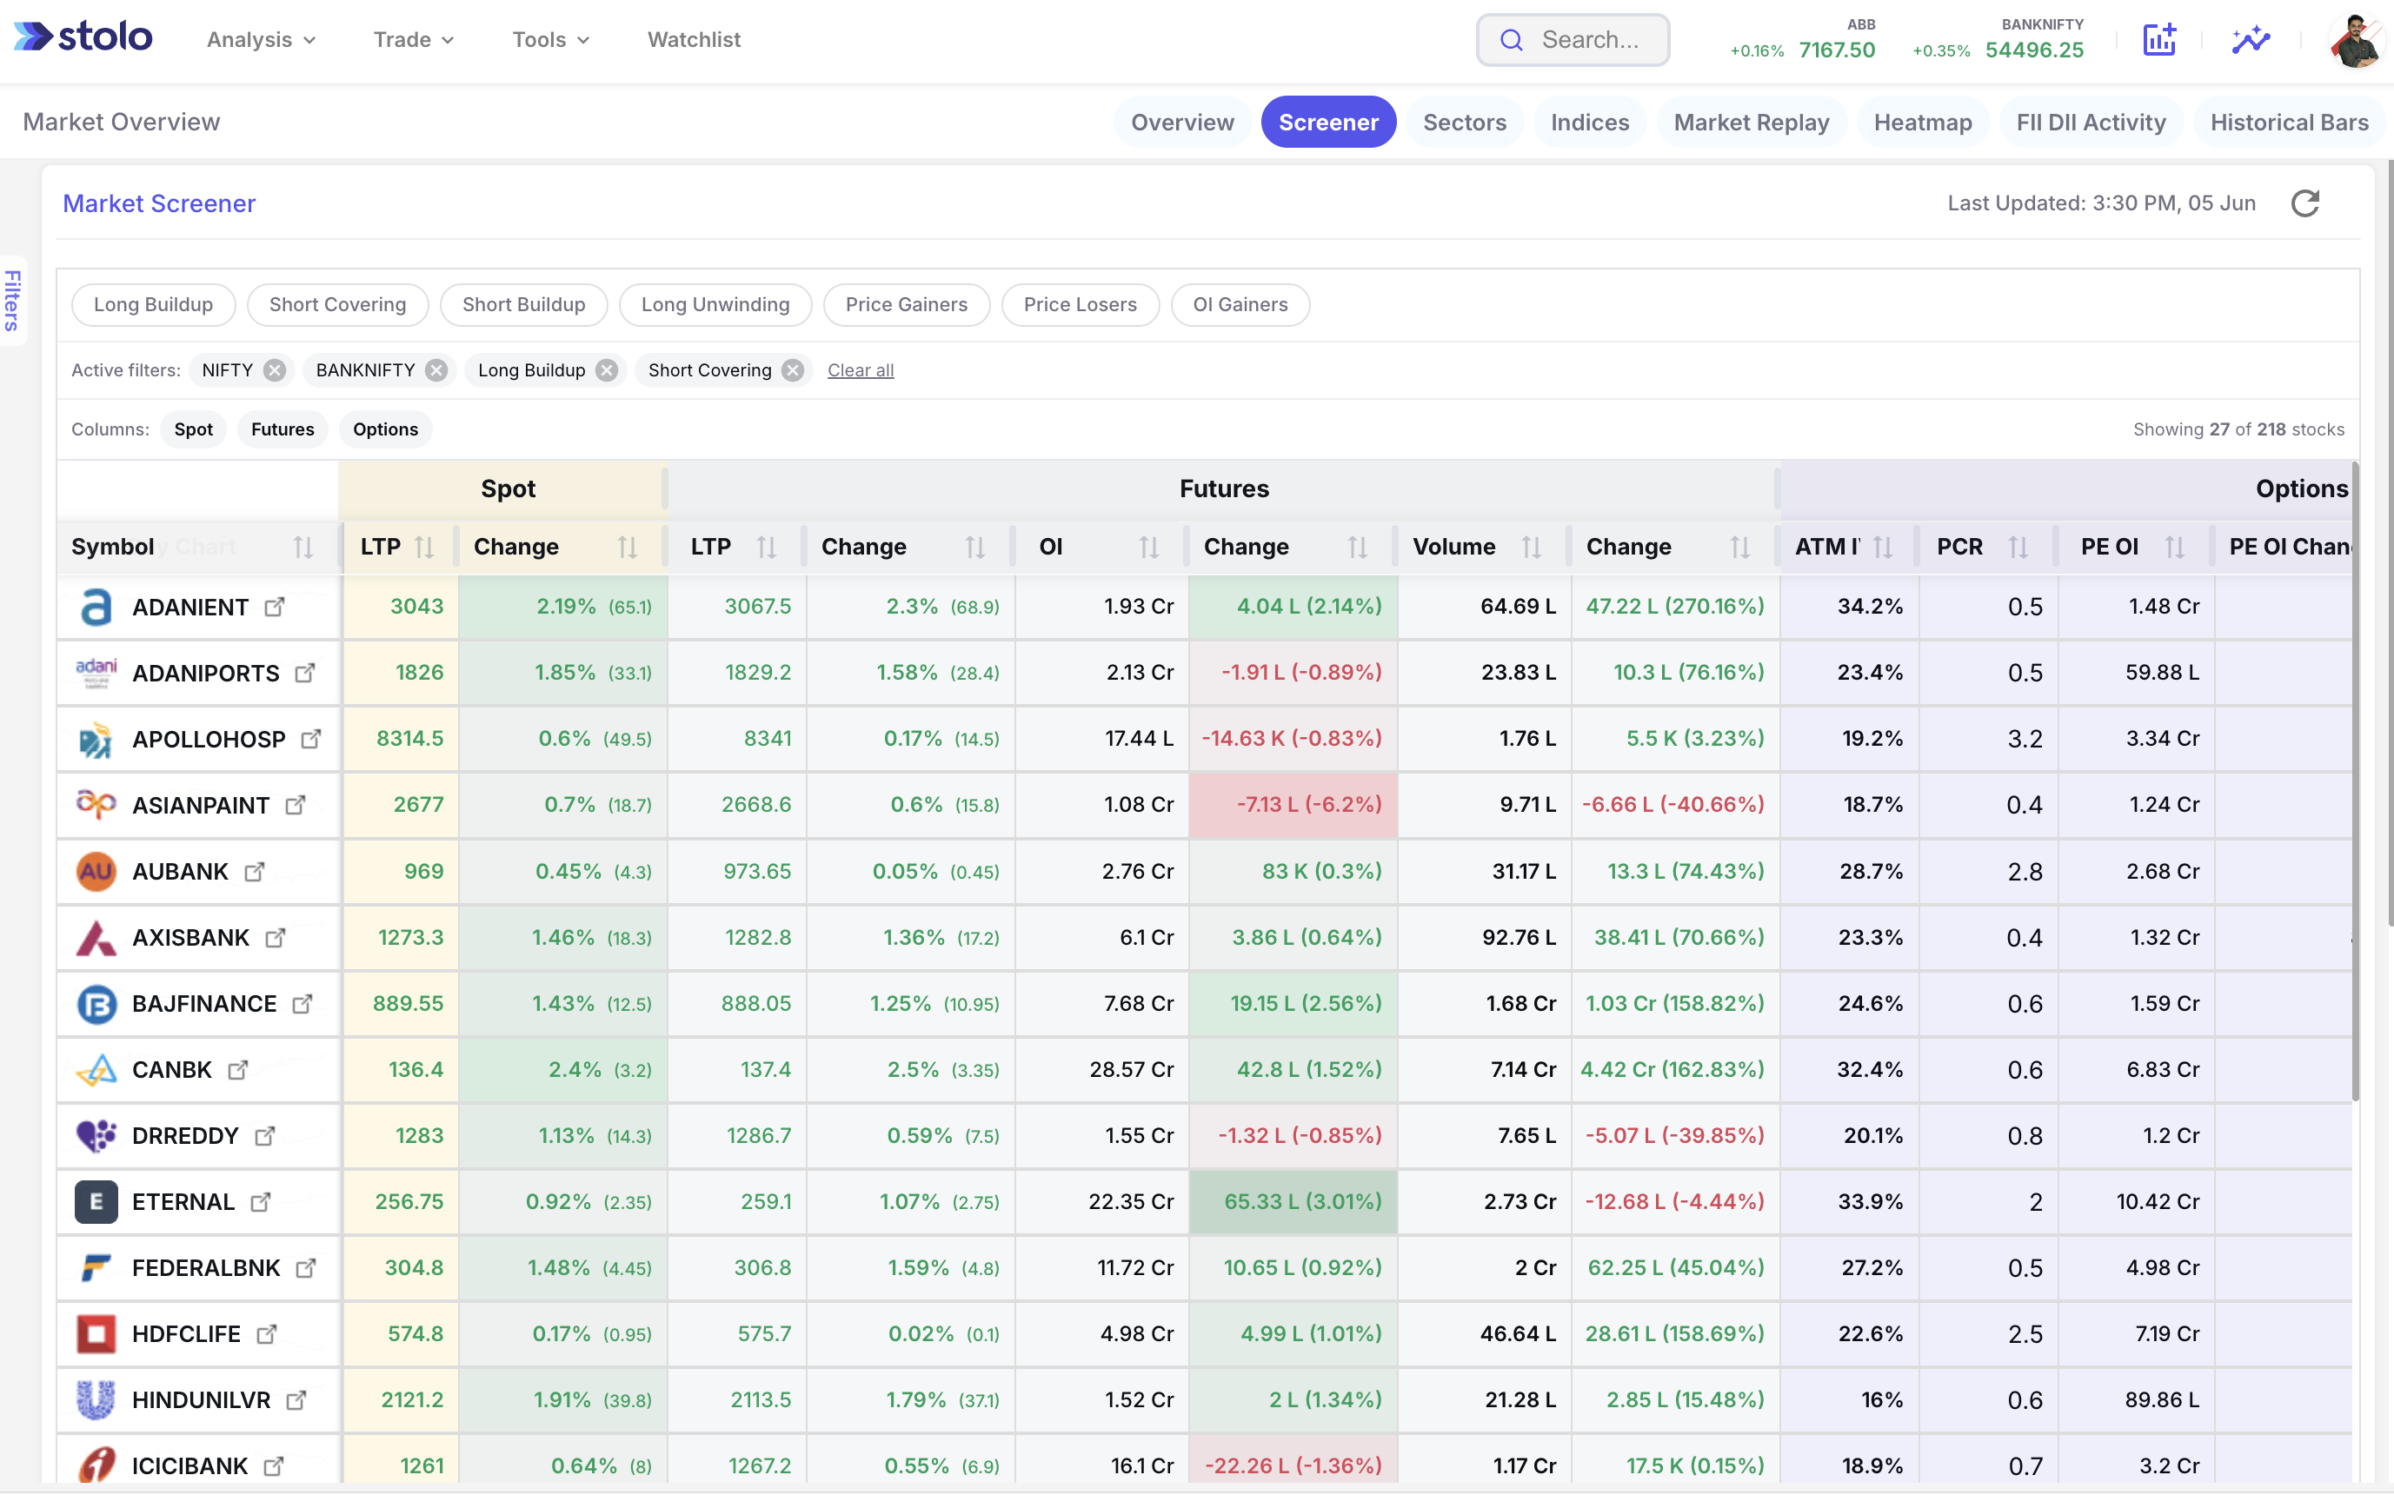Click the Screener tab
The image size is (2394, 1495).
click(x=1328, y=122)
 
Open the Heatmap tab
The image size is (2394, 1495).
click(x=1922, y=122)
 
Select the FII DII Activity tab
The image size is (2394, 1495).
click(x=2091, y=122)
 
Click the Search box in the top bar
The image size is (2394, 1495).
click(x=1573, y=40)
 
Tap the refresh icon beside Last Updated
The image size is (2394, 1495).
click(x=2305, y=203)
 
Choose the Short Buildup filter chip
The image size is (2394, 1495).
click(x=523, y=304)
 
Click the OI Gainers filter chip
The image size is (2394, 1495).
click(x=1240, y=304)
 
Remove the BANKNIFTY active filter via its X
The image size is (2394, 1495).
click(x=436, y=369)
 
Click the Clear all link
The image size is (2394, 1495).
click(x=861, y=369)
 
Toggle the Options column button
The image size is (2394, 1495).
click(x=386, y=429)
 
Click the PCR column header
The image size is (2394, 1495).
click(x=1958, y=547)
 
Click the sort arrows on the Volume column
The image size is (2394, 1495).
click(x=1531, y=547)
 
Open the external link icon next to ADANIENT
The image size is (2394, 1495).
click(x=275, y=606)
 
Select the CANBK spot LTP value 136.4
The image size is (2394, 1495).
click(x=416, y=1069)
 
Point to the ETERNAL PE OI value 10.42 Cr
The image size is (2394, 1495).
click(x=2158, y=1201)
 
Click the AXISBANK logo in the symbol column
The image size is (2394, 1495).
click(x=96, y=937)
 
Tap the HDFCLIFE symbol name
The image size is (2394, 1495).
click(x=186, y=1334)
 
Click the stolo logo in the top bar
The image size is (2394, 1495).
click(x=83, y=37)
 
